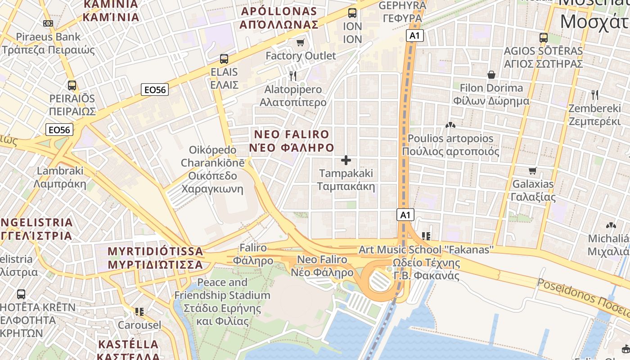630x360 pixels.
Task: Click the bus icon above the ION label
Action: [x=352, y=13]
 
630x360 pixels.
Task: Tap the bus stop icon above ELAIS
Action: [x=224, y=58]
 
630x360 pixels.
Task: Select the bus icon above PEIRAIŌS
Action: [x=72, y=85]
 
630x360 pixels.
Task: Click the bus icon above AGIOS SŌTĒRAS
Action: [x=544, y=37]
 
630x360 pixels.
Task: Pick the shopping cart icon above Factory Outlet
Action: [x=301, y=43]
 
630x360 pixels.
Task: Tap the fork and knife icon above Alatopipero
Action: [x=293, y=76]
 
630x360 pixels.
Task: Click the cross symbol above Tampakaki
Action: [x=346, y=160]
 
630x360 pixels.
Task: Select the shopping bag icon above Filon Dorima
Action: [x=491, y=75]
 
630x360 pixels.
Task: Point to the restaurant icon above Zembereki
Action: [x=595, y=95]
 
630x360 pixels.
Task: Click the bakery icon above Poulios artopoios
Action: [x=450, y=125]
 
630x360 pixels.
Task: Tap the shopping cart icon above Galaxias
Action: [x=533, y=171]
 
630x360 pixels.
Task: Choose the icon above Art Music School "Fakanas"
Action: [x=426, y=236]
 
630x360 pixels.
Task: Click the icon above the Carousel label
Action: [x=139, y=311]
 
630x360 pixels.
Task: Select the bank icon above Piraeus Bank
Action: [x=48, y=23]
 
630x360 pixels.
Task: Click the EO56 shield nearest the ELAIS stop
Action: [x=155, y=90]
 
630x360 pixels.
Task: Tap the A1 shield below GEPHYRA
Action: [x=414, y=36]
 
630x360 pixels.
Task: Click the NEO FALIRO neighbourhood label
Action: [x=292, y=141]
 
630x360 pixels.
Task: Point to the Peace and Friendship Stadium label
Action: [x=222, y=302]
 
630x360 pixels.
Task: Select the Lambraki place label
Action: [x=60, y=177]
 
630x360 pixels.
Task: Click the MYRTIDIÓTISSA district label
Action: [x=155, y=258]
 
